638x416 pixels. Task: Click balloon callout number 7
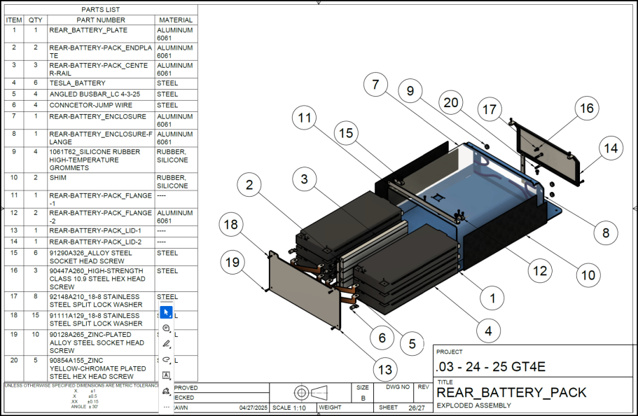click(375, 85)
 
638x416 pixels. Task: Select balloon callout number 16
click(585, 109)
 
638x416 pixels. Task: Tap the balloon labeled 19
click(233, 262)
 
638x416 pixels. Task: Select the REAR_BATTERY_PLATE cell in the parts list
click(88, 31)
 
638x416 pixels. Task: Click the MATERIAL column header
click(176, 20)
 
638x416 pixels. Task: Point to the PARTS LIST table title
click(100, 10)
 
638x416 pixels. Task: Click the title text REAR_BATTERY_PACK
click(511, 392)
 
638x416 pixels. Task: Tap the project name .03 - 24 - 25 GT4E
click(490, 366)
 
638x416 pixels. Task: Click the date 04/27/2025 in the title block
click(254, 408)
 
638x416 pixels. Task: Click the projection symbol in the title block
click(310, 391)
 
